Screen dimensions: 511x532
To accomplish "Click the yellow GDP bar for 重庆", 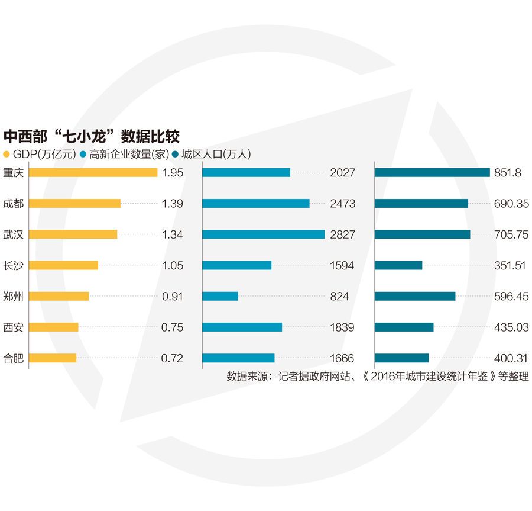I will [x=93, y=172].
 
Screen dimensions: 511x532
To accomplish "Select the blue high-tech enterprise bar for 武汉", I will [x=263, y=234].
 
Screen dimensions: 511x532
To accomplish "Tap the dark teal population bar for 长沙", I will [x=398, y=265].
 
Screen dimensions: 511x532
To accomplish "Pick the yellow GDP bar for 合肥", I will [x=53, y=358].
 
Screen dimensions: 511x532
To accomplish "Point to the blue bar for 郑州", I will [x=220, y=296].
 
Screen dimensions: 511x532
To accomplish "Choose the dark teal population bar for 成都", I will [x=421, y=203].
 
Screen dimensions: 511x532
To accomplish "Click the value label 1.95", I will [x=173, y=173].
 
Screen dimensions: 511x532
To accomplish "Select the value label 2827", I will [x=343, y=234].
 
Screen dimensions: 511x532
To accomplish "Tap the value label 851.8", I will [x=507, y=173].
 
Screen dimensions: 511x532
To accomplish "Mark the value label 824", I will [x=340, y=297].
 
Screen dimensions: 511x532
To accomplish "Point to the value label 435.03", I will [x=511, y=327].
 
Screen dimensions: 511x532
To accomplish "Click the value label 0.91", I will [x=173, y=297].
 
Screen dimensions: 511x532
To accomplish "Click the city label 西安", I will [x=14, y=327].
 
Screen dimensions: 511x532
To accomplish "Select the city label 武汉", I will [x=14, y=234].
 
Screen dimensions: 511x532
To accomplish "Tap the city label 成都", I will [x=14, y=203].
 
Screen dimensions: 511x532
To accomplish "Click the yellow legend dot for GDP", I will [x=7, y=155].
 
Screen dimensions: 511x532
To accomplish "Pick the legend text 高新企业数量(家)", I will [x=129, y=155].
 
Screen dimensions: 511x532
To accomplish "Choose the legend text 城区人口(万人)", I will [x=216, y=155].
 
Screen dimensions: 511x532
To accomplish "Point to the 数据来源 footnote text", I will [x=377, y=376].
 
